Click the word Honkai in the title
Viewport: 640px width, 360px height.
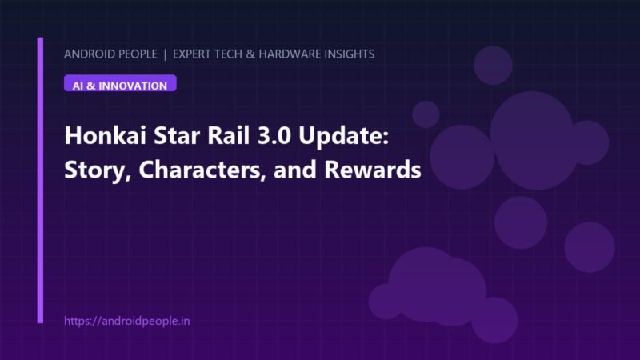[x=106, y=135]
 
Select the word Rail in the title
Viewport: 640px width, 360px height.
[x=229, y=135]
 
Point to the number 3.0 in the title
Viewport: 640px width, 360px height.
[x=274, y=136]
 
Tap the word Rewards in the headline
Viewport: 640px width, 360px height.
[x=373, y=170]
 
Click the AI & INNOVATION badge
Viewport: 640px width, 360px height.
[x=120, y=83]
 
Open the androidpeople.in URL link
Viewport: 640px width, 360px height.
[x=127, y=321]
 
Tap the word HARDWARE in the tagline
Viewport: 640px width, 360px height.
[x=290, y=54]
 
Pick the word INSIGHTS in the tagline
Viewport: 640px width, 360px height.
[x=350, y=54]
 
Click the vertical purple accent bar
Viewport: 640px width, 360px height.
[x=40, y=180]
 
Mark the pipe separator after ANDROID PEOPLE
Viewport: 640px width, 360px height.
[x=165, y=54]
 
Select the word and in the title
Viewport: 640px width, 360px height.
[x=295, y=170]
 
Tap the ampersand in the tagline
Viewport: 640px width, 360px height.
[x=250, y=54]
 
